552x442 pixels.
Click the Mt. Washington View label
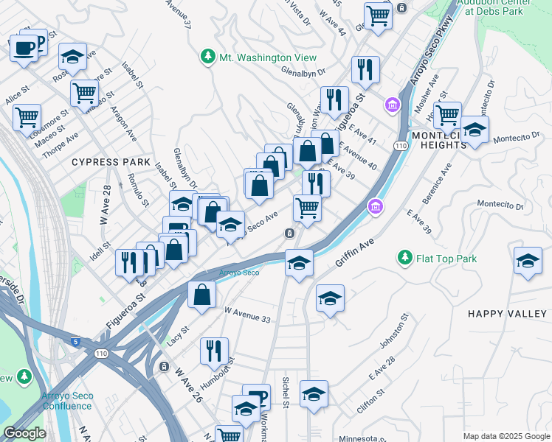pyautogui.click(x=268, y=57)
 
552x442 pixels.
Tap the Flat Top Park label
pyautogui.click(x=446, y=259)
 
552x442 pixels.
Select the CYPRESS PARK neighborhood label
pyautogui.click(x=111, y=161)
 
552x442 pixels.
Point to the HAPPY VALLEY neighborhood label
pyautogui.click(x=508, y=314)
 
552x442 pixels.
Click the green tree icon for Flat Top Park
pyautogui.click(x=404, y=258)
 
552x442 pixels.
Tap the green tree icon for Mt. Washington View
pyautogui.click(x=209, y=57)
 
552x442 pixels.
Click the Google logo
pyautogui.click(x=24, y=433)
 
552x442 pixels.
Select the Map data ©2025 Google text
pyautogui.click(x=506, y=436)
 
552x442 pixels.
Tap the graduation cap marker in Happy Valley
pyautogui.click(x=527, y=262)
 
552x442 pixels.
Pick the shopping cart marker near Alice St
pyautogui.click(x=27, y=116)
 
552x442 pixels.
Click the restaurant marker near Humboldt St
pyautogui.click(x=214, y=350)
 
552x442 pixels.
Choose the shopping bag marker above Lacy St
pyautogui.click(x=201, y=295)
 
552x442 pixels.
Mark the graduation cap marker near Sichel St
pyautogui.click(x=314, y=394)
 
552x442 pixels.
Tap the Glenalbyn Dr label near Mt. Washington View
pyautogui.click(x=303, y=71)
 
